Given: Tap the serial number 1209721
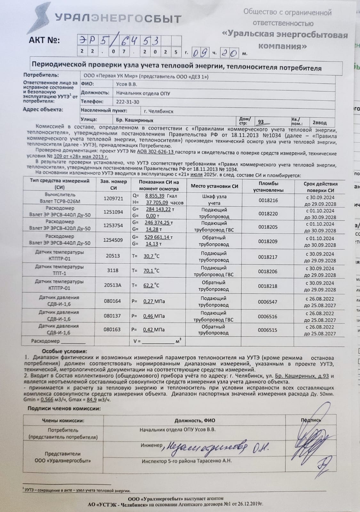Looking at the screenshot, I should tap(113, 198).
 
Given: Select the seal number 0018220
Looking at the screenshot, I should tap(268, 213).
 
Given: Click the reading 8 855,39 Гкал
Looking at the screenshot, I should tap(159, 196).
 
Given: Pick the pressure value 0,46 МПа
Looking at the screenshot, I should tap(154, 316).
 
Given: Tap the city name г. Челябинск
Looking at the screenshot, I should tap(158, 111).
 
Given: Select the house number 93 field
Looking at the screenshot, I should tap(261, 122).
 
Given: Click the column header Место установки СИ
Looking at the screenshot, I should tap(214, 186).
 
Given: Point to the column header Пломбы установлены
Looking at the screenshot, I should tap(268, 187).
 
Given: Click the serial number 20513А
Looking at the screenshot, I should tap(113, 285).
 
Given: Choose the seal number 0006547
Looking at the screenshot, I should tap(268, 302).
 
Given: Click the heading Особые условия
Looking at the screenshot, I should tap(64, 351).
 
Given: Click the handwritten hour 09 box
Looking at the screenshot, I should tap(200, 52).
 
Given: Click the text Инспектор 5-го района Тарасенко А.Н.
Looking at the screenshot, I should tap(187, 461).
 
